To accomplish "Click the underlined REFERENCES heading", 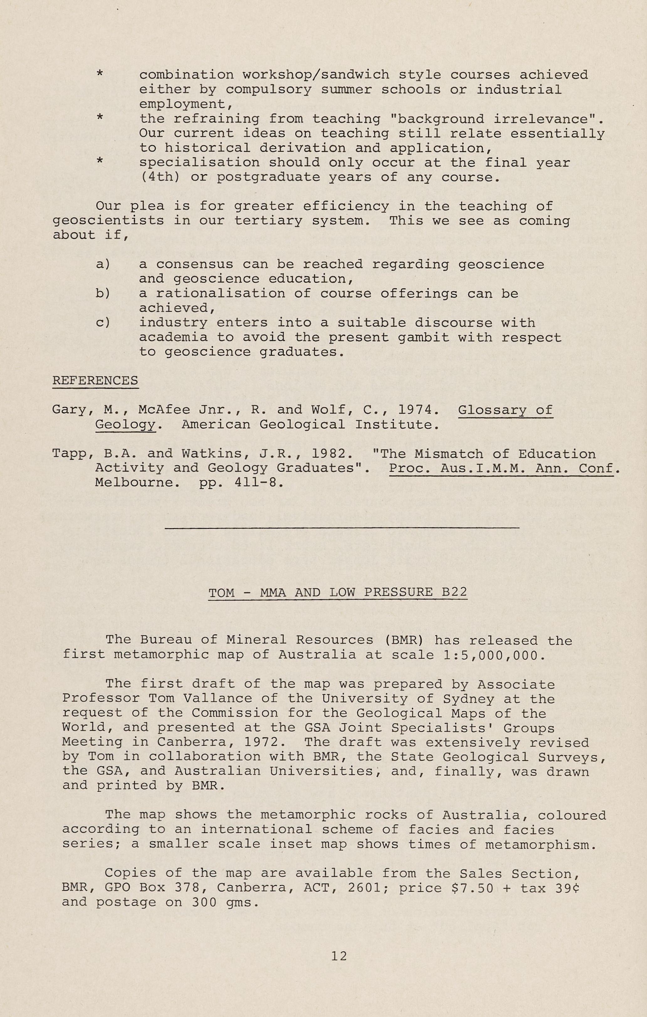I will click(95, 380).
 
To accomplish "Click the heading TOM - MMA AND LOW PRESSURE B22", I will click(338, 592).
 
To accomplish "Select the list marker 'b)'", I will click(103, 294).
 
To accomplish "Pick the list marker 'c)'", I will click(103, 323).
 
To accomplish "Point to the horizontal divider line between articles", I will click(342, 527).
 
